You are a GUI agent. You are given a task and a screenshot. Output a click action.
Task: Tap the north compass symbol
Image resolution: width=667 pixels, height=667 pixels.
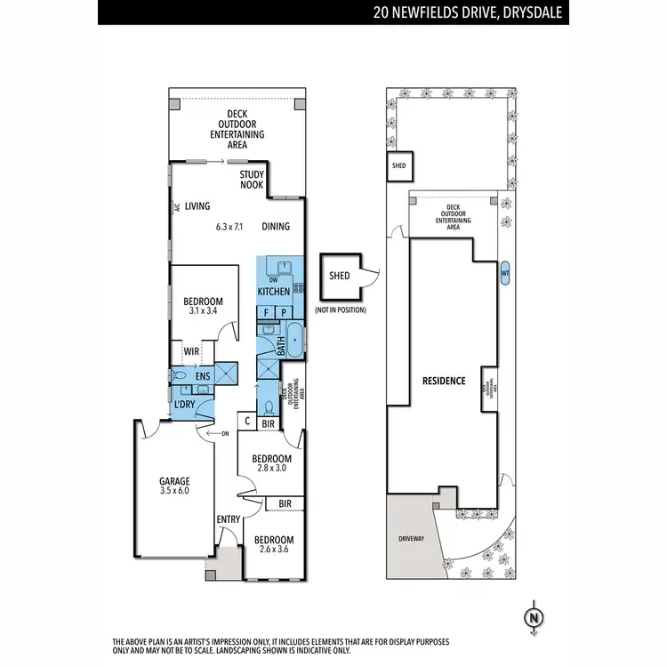pyautogui.click(x=534, y=616)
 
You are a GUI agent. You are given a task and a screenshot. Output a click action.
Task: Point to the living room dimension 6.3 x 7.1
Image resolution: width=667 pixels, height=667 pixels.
pyautogui.click(x=229, y=226)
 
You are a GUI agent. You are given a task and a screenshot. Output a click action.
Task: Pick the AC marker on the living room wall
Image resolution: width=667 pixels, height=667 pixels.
pyautogui.click(x=178, y=206)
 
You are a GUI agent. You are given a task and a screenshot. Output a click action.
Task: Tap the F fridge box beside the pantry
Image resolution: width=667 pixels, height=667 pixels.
pyautogui.click(x=266, y=312)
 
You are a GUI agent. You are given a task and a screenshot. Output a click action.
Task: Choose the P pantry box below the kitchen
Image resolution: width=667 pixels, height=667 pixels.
pyautogui.click(x=284, y=312)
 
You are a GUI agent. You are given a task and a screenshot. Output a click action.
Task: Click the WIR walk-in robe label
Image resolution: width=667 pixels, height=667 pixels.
pyautogui.click(x=190, y=350)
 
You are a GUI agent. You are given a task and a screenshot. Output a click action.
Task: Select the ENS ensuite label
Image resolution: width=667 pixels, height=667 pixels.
pyautogui.click(x=202, y=376)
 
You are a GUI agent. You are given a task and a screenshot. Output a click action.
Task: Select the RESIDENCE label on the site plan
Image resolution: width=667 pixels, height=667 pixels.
pyautogui.click(x=444, y=381)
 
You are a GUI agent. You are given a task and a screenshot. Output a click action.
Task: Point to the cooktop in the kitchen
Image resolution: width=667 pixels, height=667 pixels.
pyautogui.click(x=298, y=287)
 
